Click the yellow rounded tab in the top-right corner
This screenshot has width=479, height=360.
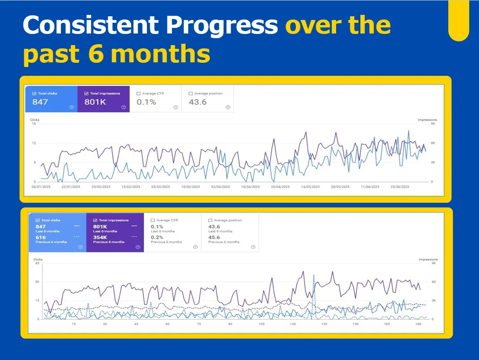(x=458, y=21)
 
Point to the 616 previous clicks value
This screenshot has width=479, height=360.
(x=41, y=237)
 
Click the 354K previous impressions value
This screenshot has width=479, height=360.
(x=100, y=237)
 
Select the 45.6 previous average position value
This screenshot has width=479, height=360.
(x=214, y=237)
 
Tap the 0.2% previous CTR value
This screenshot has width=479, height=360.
(x=157, y=237)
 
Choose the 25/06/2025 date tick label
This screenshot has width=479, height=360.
(x=399, y=187)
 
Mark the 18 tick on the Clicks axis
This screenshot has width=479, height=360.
(x=33, y=124)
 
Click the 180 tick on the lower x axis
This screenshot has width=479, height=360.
(x=419, y=324)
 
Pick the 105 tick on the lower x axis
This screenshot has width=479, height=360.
(x=261, y=324)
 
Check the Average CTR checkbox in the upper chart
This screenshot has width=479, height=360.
(x=139, y=93)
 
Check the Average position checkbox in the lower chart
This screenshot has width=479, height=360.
(x=210, y=220)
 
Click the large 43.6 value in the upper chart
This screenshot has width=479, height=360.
(x=198, y=102)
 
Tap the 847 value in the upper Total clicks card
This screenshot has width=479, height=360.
(x=40, y=102)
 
